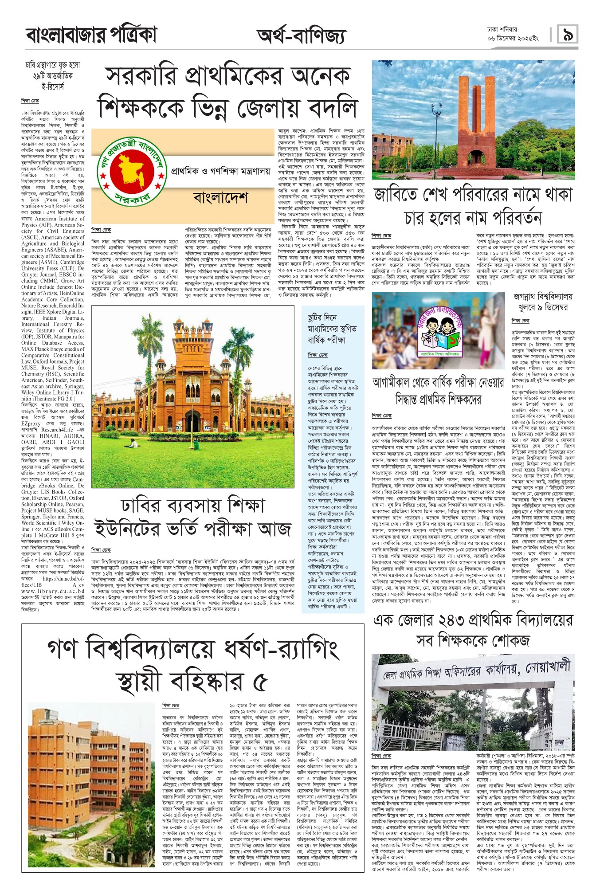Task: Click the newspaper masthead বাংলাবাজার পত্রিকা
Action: click(x=91, y=35)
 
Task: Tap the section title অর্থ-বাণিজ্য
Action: click(x=301, y=36)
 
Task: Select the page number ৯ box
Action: click(x=568, y=34)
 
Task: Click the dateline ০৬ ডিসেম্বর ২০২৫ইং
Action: click(x=513, y=39)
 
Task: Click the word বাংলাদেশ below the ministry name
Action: click(x=220, y=198)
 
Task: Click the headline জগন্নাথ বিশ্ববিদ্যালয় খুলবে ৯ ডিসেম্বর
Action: click(x=543, y=302)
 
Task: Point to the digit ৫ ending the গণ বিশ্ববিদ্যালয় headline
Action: click(x=260, y=682)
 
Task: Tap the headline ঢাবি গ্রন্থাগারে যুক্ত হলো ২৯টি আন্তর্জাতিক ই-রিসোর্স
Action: click(x=53, y=76)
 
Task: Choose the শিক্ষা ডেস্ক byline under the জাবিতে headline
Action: click(x=382, y=235)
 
